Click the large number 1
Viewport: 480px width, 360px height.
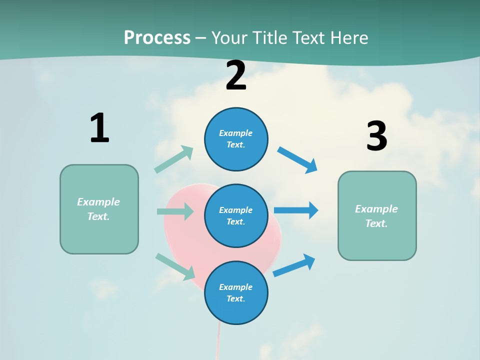(99, 128)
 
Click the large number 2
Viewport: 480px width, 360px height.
(236, 75)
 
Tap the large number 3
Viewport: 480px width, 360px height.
(376, 136)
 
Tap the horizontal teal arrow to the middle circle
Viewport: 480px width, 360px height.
(175, 211)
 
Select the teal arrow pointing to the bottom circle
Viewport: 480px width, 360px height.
(175, 266)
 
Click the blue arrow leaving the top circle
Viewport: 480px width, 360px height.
(297, 159)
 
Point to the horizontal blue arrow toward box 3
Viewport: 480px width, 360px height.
(296, 210)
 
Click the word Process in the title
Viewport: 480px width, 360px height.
(157, 37)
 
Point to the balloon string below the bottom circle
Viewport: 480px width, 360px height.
(218, 342)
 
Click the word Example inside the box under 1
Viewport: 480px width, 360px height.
(98, 202)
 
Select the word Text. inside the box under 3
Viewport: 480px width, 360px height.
(376, 223)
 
